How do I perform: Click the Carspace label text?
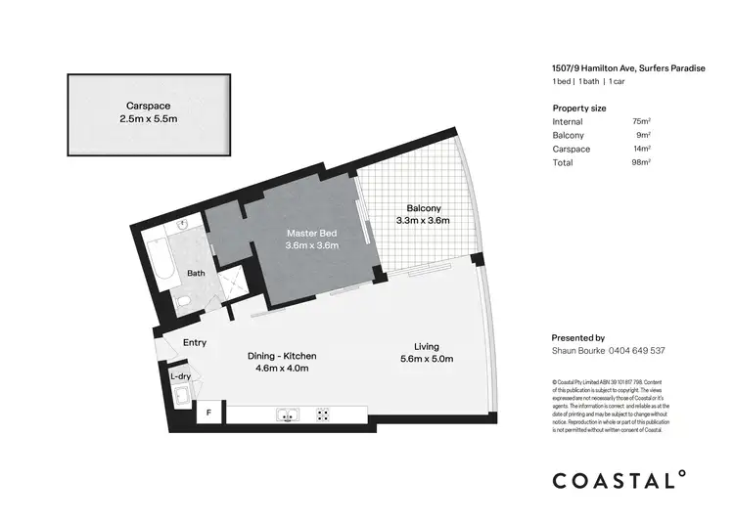[149, 106]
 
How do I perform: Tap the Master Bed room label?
[312, 234]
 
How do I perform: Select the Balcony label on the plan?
[424, 208]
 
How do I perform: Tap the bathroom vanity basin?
[184, 227]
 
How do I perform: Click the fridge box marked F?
[207, 414]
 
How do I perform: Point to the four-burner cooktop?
[322, 414]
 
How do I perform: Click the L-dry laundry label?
[180, 375]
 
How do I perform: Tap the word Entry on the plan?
[195, 342]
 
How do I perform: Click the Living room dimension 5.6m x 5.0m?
[426, 359]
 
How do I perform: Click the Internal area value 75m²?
[642, 121]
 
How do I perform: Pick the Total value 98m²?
[642, 162]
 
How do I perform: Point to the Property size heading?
[579, 108]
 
